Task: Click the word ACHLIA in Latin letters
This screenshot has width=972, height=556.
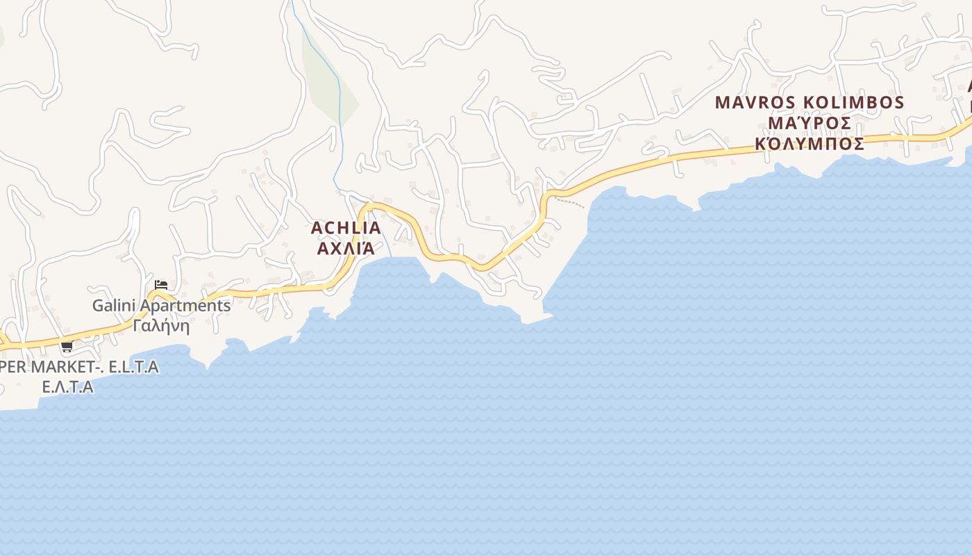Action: click(346, 228)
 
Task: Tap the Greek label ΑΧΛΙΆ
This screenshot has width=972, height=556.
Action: click(346, 248)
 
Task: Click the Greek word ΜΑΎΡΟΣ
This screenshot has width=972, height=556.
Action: click(810, 124)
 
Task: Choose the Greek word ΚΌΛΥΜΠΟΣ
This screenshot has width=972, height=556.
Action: click(810, 144)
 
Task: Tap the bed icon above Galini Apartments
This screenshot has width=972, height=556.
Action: click(161, 285)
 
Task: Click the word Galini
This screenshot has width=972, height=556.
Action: click(115, 305)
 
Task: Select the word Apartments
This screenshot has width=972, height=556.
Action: click(185, 305)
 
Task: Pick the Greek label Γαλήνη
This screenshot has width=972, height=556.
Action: click(161, 325)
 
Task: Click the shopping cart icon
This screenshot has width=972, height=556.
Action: click(67, 347)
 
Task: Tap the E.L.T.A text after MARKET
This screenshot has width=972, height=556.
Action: click(134, 366)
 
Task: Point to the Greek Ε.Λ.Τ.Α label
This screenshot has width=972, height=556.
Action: click(67, 387)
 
